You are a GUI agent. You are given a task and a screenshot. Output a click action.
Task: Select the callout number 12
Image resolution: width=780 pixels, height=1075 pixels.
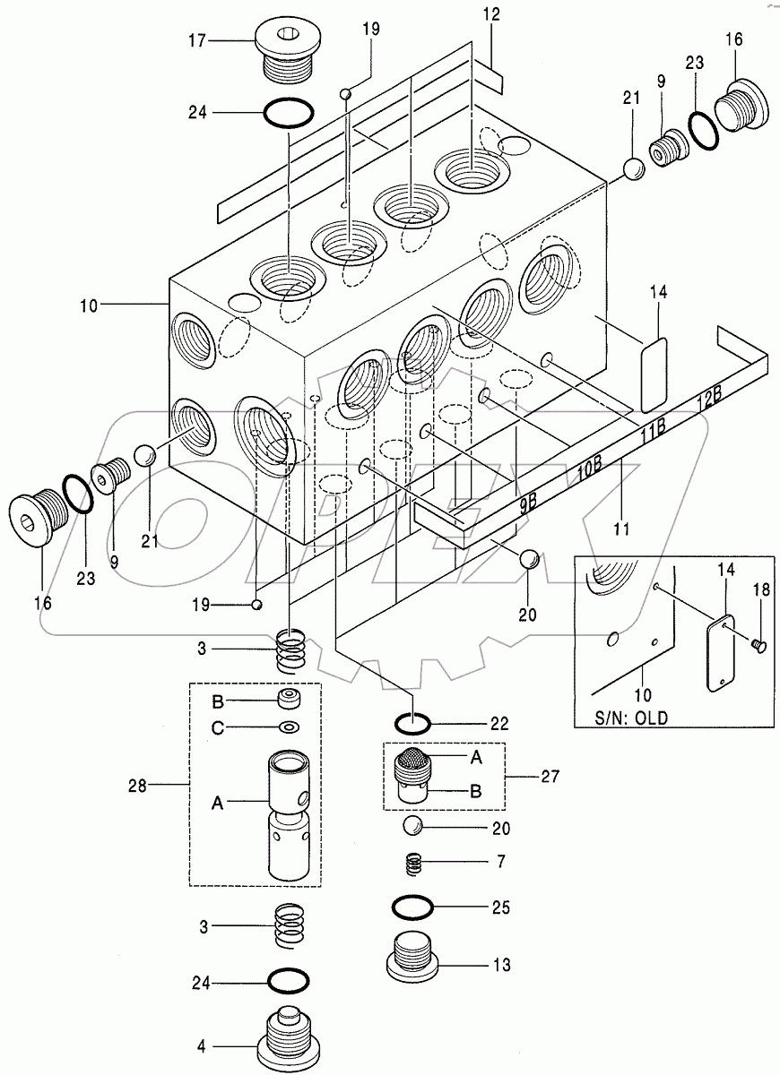(490, 14)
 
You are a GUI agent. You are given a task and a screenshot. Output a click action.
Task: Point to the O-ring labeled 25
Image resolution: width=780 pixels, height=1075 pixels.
(412, 907)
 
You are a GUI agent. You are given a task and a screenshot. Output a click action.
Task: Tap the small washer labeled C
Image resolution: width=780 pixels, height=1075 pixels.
(289, 727)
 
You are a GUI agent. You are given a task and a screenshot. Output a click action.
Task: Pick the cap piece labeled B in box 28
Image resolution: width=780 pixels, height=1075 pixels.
(288, 700)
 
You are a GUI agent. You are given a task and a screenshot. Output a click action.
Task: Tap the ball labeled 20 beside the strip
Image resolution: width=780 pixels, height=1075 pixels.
(529, 560)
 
